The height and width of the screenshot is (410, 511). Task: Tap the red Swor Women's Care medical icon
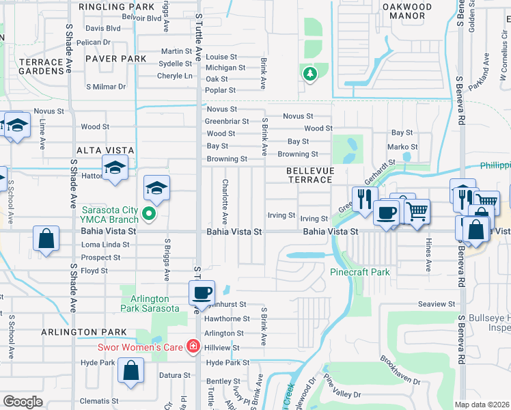coord(193,346)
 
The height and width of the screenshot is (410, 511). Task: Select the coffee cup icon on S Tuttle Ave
coord(202,292)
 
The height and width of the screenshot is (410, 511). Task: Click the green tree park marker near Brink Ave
coord(309,74)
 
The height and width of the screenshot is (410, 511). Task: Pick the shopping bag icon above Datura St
coord(130,371)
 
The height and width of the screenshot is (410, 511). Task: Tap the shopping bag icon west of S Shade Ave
coord(46,240)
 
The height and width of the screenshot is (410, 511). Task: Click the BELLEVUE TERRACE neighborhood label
coord(309,174)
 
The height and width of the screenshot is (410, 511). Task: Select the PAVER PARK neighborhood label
coord(115,59)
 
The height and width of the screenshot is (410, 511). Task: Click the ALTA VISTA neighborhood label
coord(105,150)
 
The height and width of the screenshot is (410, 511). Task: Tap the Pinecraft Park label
coord(360,272)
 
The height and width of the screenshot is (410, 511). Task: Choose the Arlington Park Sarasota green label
coord(150,303)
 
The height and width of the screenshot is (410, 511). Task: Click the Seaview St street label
coord(437,303)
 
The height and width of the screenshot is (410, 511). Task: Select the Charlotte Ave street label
coord(225,202)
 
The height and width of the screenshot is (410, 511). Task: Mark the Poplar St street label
coord(221,90)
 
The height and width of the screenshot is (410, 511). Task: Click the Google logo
coord(23,402)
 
